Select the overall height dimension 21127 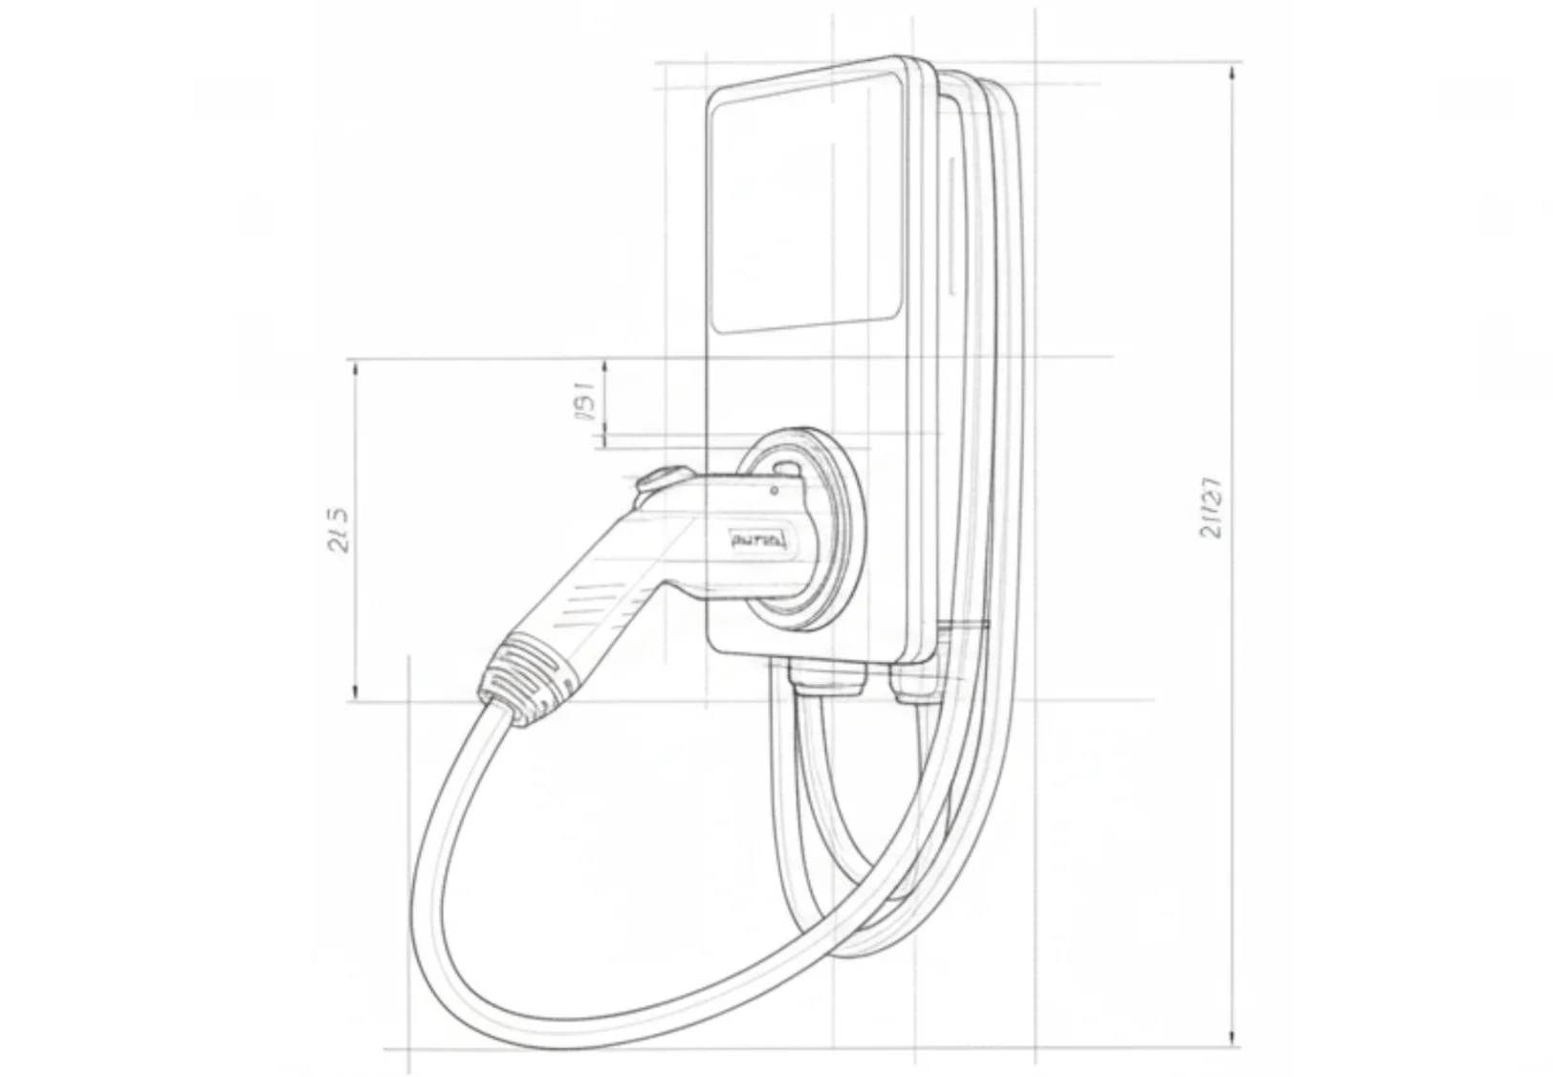1211,507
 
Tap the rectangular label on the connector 758,540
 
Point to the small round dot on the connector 774,492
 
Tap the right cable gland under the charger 914,681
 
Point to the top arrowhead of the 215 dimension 355,368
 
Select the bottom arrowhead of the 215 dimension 355,692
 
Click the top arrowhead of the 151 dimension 604,367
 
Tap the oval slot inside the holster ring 786,468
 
